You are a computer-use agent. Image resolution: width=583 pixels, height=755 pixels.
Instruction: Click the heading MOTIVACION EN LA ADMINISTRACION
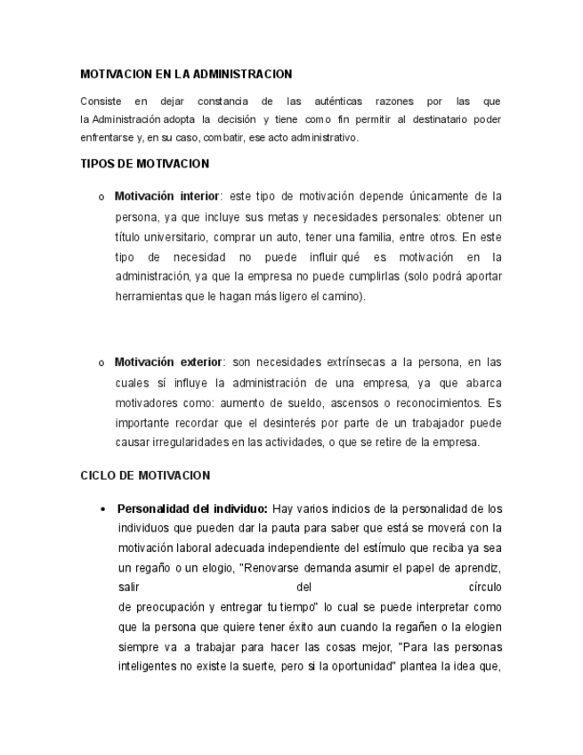coord(186,74)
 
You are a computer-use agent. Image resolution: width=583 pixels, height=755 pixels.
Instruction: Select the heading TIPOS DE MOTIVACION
coord(144,164)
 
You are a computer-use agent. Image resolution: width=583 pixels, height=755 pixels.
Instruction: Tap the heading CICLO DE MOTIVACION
coord(145,475)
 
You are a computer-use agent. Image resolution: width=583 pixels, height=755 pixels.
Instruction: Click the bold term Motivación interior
coord(166,196)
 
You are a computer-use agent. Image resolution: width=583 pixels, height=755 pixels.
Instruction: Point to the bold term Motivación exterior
coord(168,362)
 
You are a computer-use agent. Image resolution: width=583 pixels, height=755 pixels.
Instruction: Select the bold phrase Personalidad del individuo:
coord(191,509)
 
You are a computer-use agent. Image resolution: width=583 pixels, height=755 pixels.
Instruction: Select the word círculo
coord(484,588)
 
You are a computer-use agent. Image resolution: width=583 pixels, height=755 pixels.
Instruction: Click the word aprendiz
coord(480,568)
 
